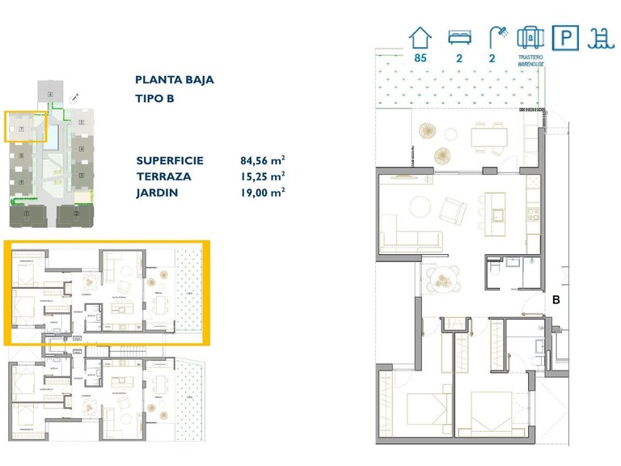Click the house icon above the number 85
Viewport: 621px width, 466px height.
pyautogui.click(x=420, y=37)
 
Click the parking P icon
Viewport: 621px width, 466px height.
pyautogui.click(x=564, y=37)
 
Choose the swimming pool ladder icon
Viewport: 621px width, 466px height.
pyautogui.click(x=600, y=37)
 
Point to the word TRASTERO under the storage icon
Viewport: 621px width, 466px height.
pyautogui.click(x=530, y=58)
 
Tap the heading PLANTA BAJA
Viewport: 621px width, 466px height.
pyautogui.click(x=175, y=80)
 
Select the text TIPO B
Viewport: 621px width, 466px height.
pyautogui.click(x=155, y=99)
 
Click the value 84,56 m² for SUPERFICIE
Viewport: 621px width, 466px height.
pyautogui.click(x=257, y=160)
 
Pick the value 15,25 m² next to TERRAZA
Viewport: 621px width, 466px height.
pyautogui.click(x=257, y=176)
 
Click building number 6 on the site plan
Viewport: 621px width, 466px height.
pyautogui.click(x=50, y=95)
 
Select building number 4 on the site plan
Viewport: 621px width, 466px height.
pyautogui.click(x=82, y=149)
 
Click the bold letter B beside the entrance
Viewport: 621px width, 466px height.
pyautogui.click(x=556, y=299)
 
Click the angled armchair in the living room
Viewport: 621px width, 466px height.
pyautogui.click(x=452, y=213)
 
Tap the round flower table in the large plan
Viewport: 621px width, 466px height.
pyautogui.click(x=441, y=279)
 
